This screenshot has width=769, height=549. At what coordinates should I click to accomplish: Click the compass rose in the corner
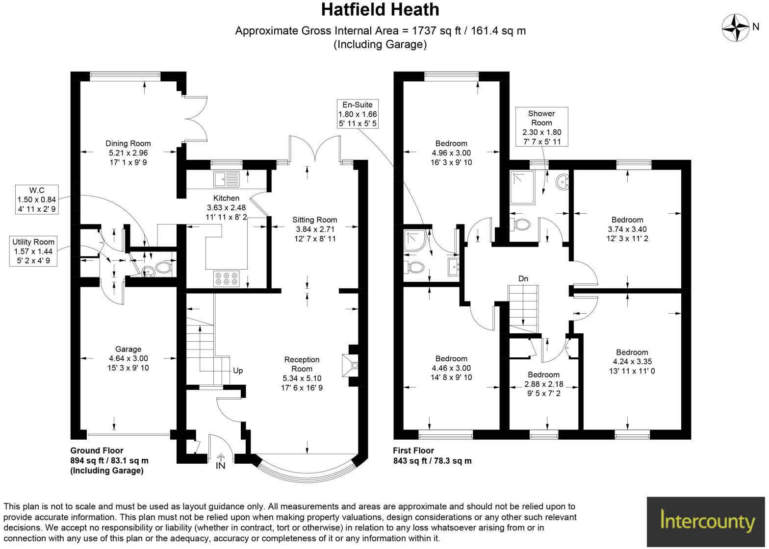[735, 27]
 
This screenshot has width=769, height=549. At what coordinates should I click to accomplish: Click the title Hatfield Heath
[380, 10]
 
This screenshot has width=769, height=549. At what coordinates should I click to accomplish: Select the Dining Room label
[128, 144]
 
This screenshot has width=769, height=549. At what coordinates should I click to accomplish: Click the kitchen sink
[226, 179]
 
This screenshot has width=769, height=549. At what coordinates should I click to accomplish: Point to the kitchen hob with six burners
[226, 278]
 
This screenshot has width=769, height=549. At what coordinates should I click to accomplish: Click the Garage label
[128, 349]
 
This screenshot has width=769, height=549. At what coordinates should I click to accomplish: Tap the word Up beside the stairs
[238, 371]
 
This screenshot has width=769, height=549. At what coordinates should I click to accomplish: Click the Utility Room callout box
[34, 251]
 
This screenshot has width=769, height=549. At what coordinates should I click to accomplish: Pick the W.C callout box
[37, 200]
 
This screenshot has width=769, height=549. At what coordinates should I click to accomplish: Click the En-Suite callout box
[358, 114]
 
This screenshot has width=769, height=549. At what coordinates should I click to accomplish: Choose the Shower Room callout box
[541, 127]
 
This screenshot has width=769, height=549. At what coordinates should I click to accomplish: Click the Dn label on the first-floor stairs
[523, 279]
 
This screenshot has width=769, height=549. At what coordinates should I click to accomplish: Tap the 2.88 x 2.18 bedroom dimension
[544, 384]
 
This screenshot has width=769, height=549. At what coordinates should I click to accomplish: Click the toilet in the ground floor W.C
[163, 268]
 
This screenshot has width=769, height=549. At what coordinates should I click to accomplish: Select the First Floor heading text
[413, 450]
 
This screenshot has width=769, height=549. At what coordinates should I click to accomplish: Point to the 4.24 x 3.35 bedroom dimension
[632, 362]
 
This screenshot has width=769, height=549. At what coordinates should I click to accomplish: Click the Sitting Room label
[314, 220]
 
